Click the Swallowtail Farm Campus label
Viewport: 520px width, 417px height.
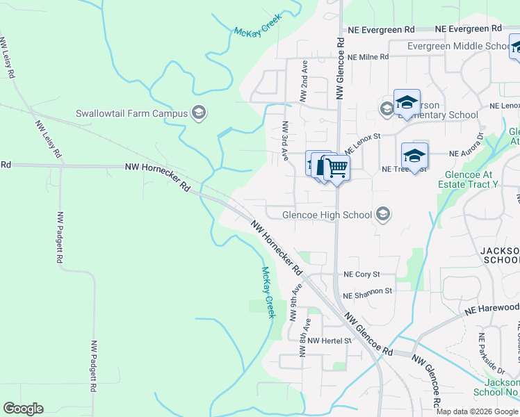[x=131, y=113]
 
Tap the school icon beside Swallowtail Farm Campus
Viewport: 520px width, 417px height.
[x=199, y=113]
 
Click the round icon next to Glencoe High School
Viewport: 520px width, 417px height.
[x=382, y=214]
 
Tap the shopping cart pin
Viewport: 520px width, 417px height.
[x=336, y=167]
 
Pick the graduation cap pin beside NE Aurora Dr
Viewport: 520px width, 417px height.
[x=414, y=156]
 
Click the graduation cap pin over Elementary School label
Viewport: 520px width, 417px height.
[x=406, y=103]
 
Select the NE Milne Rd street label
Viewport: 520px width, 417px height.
[x=368, y=58]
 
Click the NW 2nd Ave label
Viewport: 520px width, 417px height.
[x=304, y=81]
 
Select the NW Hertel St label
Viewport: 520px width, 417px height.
[x=330, y=341]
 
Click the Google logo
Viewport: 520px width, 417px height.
[x=23, y=409]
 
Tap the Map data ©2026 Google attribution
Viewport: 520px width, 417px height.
[x=477, y=411]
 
